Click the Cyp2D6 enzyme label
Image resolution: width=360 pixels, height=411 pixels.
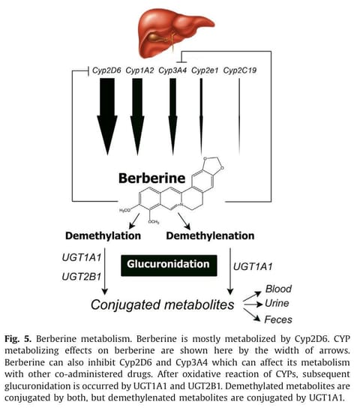pyautogui.click(x=106, y=70)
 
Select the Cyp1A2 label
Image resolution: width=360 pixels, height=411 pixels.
pyautogui.click(x=139, y=70)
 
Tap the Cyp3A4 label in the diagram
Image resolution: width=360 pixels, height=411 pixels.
pyautogui.click(x=172, y=70)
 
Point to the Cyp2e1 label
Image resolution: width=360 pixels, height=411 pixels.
pyautogui.click(x=205, y=70)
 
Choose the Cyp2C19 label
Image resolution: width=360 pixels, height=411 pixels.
pyautogui.click(x=240, y=70)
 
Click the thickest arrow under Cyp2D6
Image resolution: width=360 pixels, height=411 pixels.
pyautogui.click(x=107, y=117)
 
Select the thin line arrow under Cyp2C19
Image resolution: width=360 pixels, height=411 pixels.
pyautogui.click(x=239, y=117)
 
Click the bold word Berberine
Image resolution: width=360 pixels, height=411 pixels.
pyautogui.click(x=151, y=178)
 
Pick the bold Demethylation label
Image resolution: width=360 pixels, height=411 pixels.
pyautogui.click(x=103, y=235)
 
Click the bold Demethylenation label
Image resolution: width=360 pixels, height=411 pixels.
pyautogui.click(x=210, y=235)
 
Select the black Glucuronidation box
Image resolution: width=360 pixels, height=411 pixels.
pyautogui.click(x=169, y=265)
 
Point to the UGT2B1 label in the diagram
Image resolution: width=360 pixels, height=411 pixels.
pyautogui.click(x=82, y=277)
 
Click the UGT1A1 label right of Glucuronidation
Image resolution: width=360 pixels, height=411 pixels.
pyautogui.click(x=253, y=266)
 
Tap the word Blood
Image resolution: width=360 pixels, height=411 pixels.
pyautogui.click(x=278, y=289)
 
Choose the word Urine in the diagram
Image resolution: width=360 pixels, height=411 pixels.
pyautogui.click(x=277, y=303)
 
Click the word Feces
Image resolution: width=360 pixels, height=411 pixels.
pyautogui.click(x=278, y=319)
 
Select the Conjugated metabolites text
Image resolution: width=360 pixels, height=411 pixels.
pyautogui.click(x=162, y=304)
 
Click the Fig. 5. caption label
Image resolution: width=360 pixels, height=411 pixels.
pyautogui.click(x=18, y=339)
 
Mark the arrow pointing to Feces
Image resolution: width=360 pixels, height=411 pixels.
pyautogui.click(x=252, y=315)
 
